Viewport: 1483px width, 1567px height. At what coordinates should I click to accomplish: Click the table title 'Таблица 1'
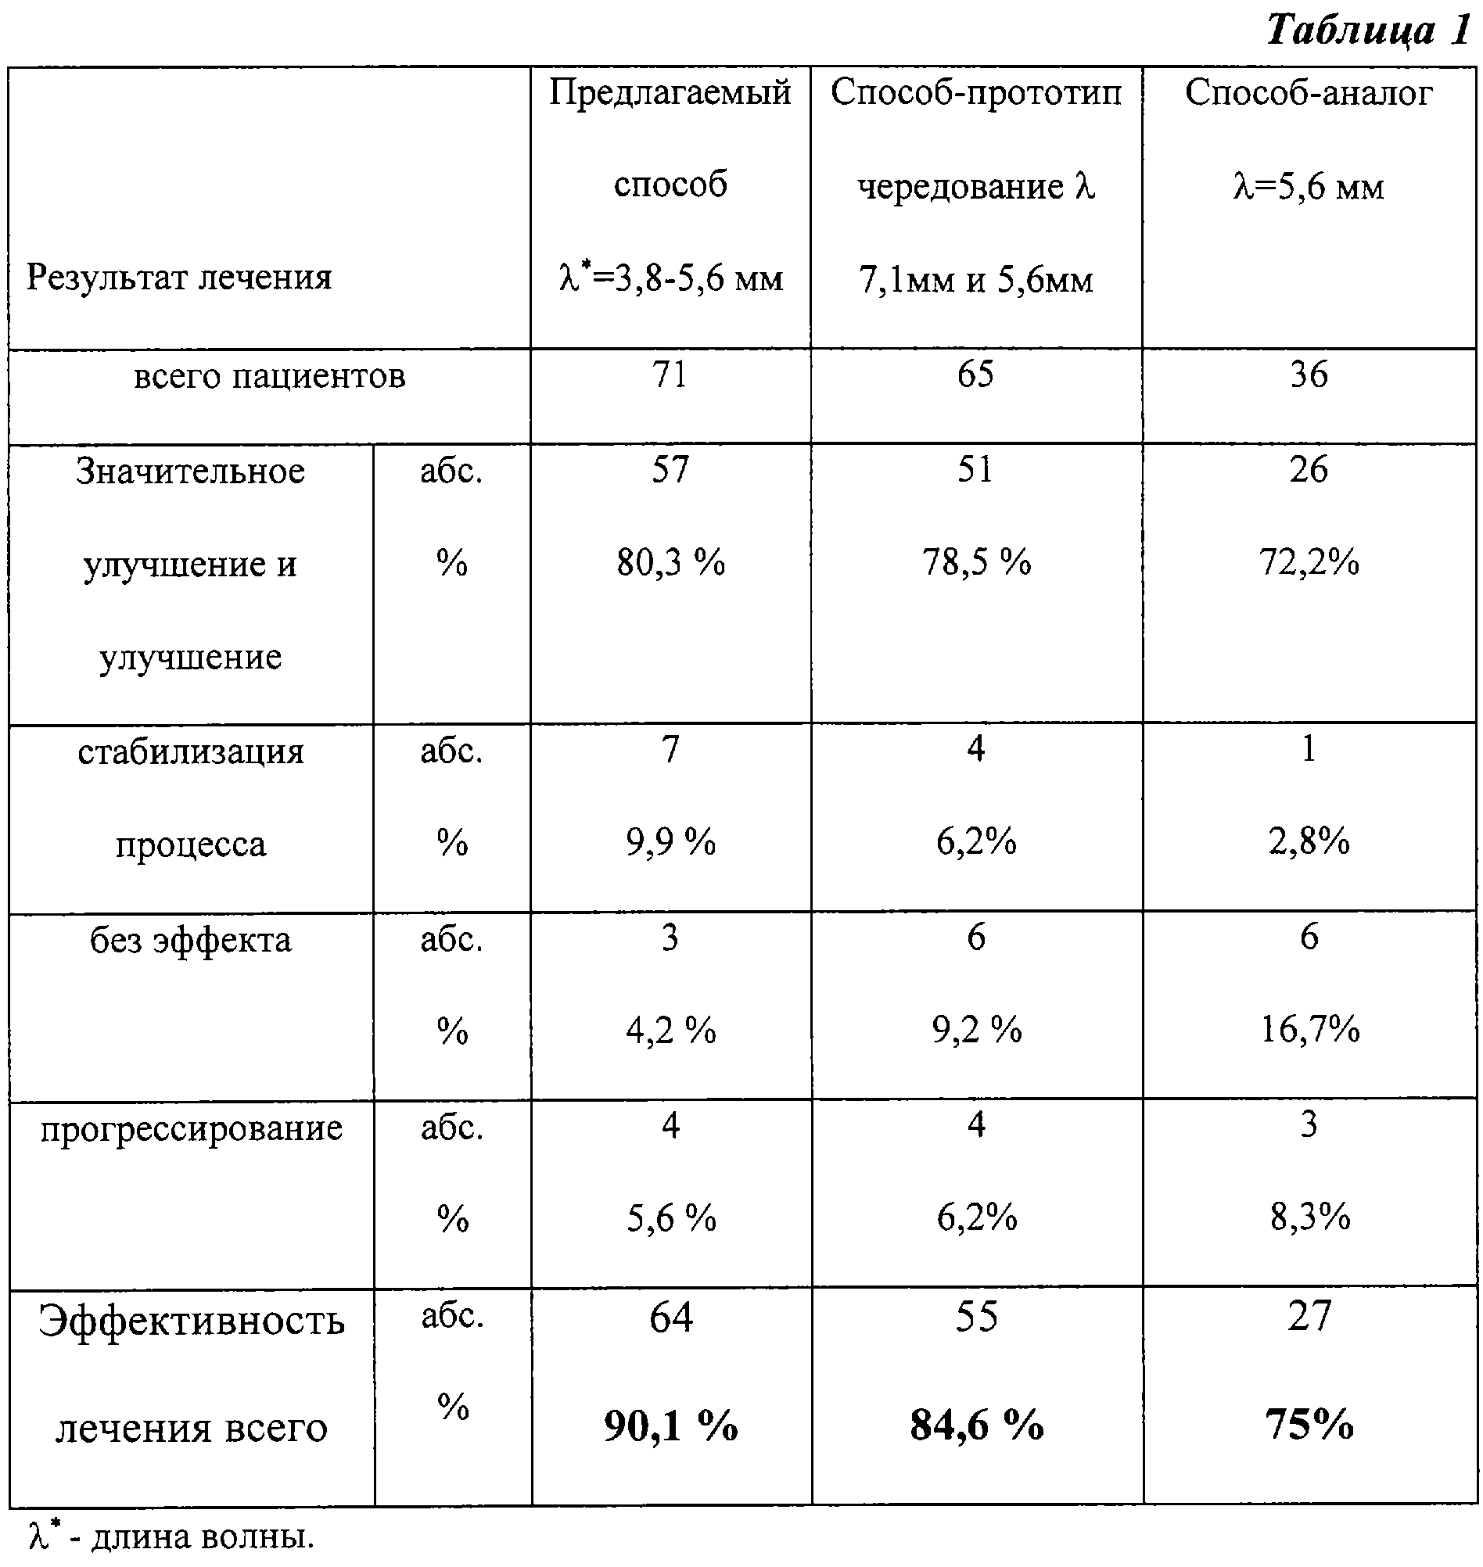[1368, 30]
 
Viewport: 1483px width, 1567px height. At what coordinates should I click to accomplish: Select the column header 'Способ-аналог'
[1309, 92]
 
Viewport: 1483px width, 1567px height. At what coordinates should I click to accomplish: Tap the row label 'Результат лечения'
[179, 278]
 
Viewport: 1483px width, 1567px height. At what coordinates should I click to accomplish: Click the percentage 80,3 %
[670, 563]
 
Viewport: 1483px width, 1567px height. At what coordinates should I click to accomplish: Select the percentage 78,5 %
[976, 563]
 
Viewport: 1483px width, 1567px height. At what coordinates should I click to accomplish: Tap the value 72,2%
[1309, 563]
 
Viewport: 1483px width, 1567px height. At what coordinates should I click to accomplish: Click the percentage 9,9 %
[670, 842]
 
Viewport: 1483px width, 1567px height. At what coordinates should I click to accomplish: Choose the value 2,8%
[1309, 841]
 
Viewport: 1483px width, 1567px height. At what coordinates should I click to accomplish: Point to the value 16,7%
[1310, 1029]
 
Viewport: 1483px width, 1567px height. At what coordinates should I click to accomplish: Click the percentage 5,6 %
[671, 1218]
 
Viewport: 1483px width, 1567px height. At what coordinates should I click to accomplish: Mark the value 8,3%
[1310, 1217]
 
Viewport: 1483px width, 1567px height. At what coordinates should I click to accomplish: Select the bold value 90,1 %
[670, 1425]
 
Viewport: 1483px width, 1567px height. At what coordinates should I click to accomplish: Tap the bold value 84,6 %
[976, 1425]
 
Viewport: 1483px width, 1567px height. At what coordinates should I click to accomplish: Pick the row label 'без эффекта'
[191, 941]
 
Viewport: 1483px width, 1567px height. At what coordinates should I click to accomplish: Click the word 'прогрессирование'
[192, 1128]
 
